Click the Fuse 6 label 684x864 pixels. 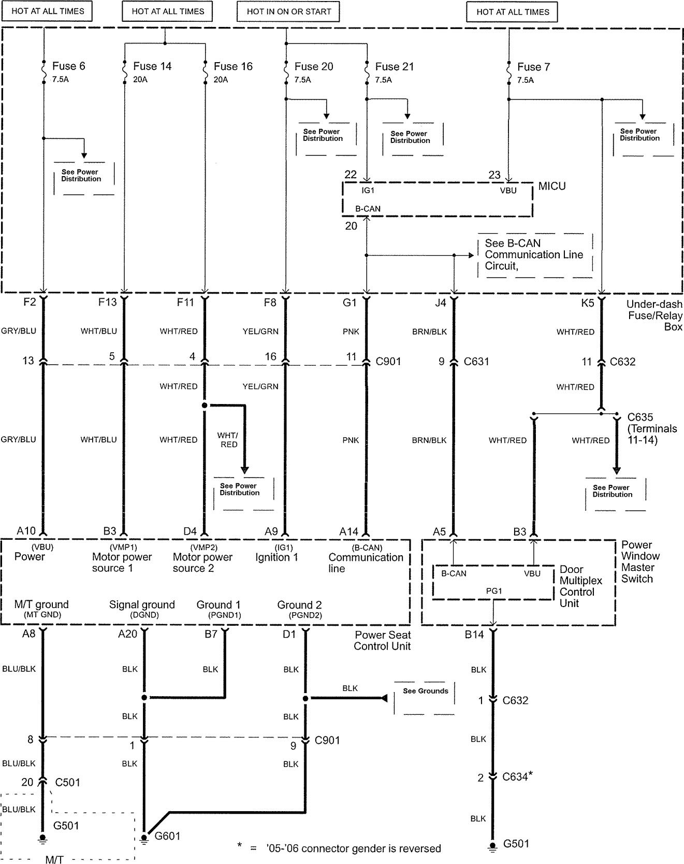(68, 66)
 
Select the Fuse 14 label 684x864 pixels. (152, 66)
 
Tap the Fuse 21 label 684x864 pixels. (395, 66)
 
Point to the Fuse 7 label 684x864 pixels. (533, 67)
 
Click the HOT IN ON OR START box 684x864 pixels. (289, 11)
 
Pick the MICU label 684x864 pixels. (552, 186)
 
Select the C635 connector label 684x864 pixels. (640, 417)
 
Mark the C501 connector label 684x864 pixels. (67, 782)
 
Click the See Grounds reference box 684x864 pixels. (425, 691)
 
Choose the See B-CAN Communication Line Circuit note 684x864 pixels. (534, 254)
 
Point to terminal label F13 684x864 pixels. (108, 302)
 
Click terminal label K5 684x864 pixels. (588, 303)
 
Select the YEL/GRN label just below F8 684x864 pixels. (260, 332)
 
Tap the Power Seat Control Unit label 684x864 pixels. (382, 640)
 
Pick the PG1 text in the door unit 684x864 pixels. (493, 591)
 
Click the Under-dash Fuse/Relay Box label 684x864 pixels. (654, 315)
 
